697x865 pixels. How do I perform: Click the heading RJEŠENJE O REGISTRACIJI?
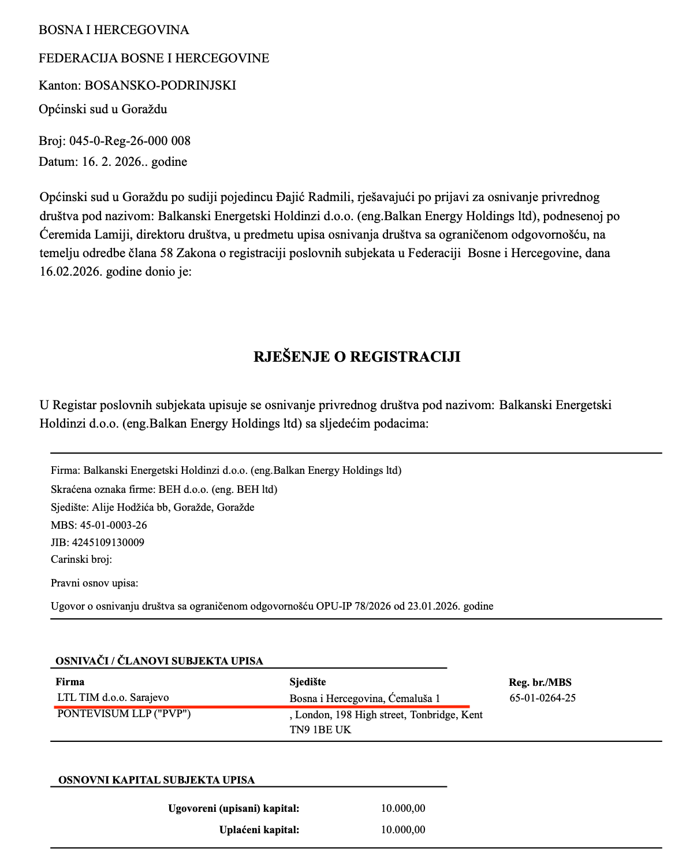tap(356, 357)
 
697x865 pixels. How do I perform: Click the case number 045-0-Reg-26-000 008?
tap(130, 141)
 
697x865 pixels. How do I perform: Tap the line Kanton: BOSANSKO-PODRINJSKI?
tap(137, 86)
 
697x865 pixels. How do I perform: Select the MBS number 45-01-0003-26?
tap(113, 525)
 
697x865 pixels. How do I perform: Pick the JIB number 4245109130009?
tap(108, 543)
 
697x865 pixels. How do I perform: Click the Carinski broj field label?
tap(81, 559)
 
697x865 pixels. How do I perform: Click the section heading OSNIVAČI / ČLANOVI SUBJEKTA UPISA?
tap(159, 661)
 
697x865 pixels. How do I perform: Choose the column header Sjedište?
tap(307, 682)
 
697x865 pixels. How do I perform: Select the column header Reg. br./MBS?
tap(540, 682)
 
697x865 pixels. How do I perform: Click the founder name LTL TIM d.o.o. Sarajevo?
tap(113, 697)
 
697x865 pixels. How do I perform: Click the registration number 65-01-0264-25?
tap(542, 698)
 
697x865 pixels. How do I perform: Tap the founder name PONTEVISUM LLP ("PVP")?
tap(124, 714)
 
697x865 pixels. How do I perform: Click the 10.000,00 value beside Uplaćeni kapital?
tap(403, 830)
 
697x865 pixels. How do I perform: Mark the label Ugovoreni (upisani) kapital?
tap(233, 808)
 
